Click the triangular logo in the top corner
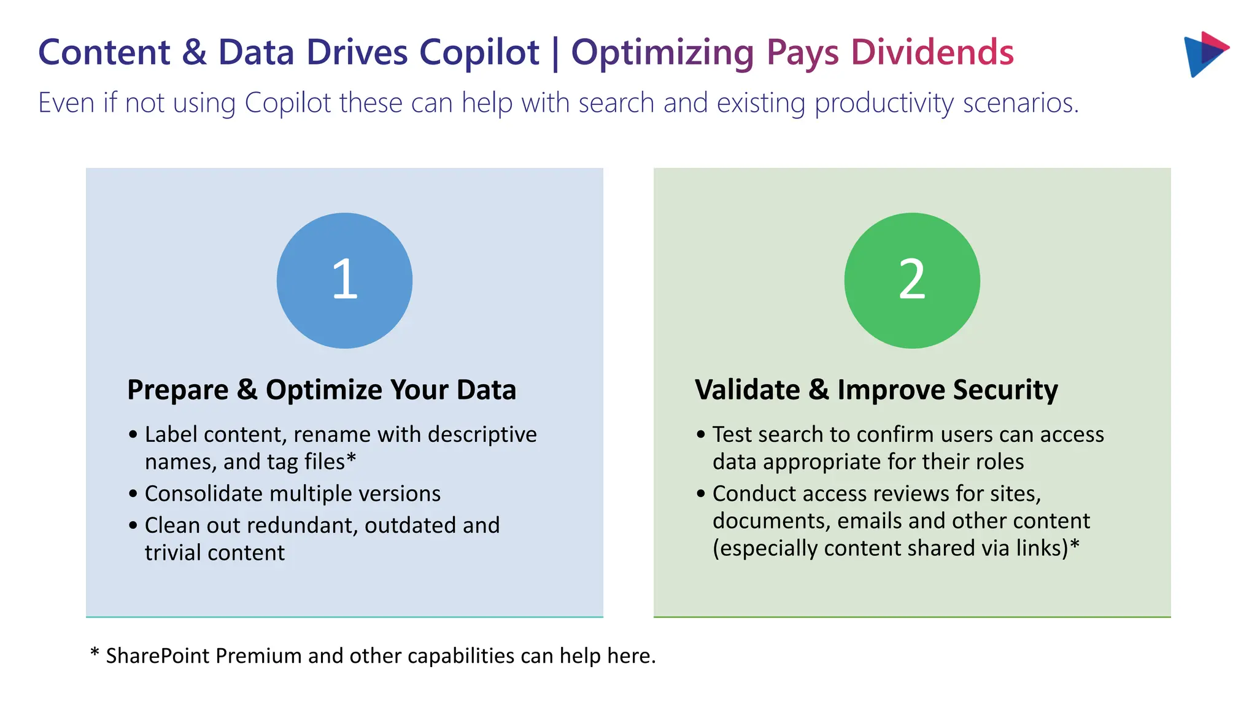[x=1204, y=54]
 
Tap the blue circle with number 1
[x=344, y=280]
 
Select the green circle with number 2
[x=912, y=280]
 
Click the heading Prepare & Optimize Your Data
[x=322, y=390]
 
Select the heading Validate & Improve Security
[x=876, y=390]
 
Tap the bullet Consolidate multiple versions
[x=292, y=493]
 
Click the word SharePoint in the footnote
[x=158, y=656]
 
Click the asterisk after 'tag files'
[x=352, y=458]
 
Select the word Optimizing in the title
[x=662, y=52]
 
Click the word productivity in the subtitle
[x=884, y=103]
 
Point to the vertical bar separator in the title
[x=555, y=53]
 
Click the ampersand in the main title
[x=194, y=52]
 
